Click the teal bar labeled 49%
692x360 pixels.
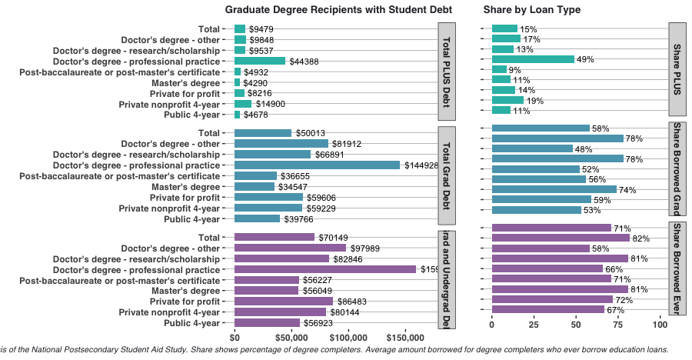(x=533, y=58)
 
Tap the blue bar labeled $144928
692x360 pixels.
(x=317, y=165)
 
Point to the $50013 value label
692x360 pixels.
(x=310, y=133)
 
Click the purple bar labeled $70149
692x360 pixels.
(x=274, y=237)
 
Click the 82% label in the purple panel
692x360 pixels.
(x=641, y=238)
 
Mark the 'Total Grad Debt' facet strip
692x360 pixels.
(x=447, y=175)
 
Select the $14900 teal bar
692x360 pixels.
(x=243, y=104)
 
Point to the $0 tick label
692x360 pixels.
(x=235, y=337)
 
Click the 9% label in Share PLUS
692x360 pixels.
(x=514, y=70)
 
